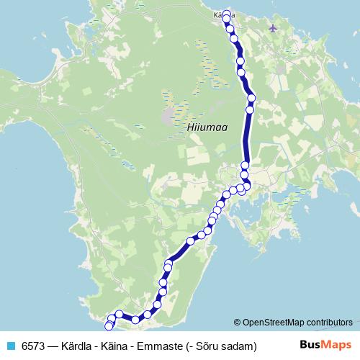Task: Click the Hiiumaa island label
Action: [207, 127]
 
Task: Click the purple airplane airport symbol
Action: [271, 28]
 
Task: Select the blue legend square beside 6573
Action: [10, 346]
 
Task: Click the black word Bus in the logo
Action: [310, 346]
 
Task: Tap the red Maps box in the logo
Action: [338, 346]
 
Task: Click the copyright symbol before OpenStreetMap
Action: [237, 323]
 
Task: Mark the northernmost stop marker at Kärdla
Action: [227, 14]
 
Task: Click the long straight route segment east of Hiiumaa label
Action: [247, 137]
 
